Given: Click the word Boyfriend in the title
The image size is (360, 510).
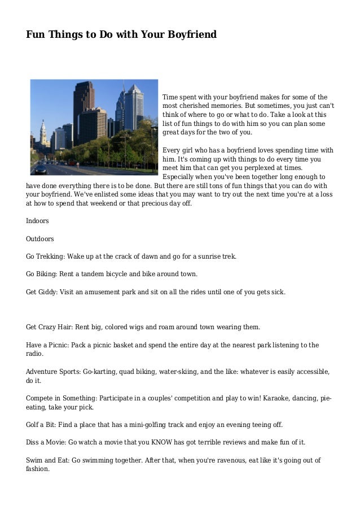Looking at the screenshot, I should point(190,35).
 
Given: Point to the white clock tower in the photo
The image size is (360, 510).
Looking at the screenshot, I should point(42,133).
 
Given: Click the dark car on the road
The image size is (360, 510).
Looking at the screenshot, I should point(41,169).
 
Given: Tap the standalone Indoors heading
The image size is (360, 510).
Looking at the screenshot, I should point(37,220).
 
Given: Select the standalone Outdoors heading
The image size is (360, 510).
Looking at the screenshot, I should point(40,238).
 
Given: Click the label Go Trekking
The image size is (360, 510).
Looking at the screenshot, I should point(45,256).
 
